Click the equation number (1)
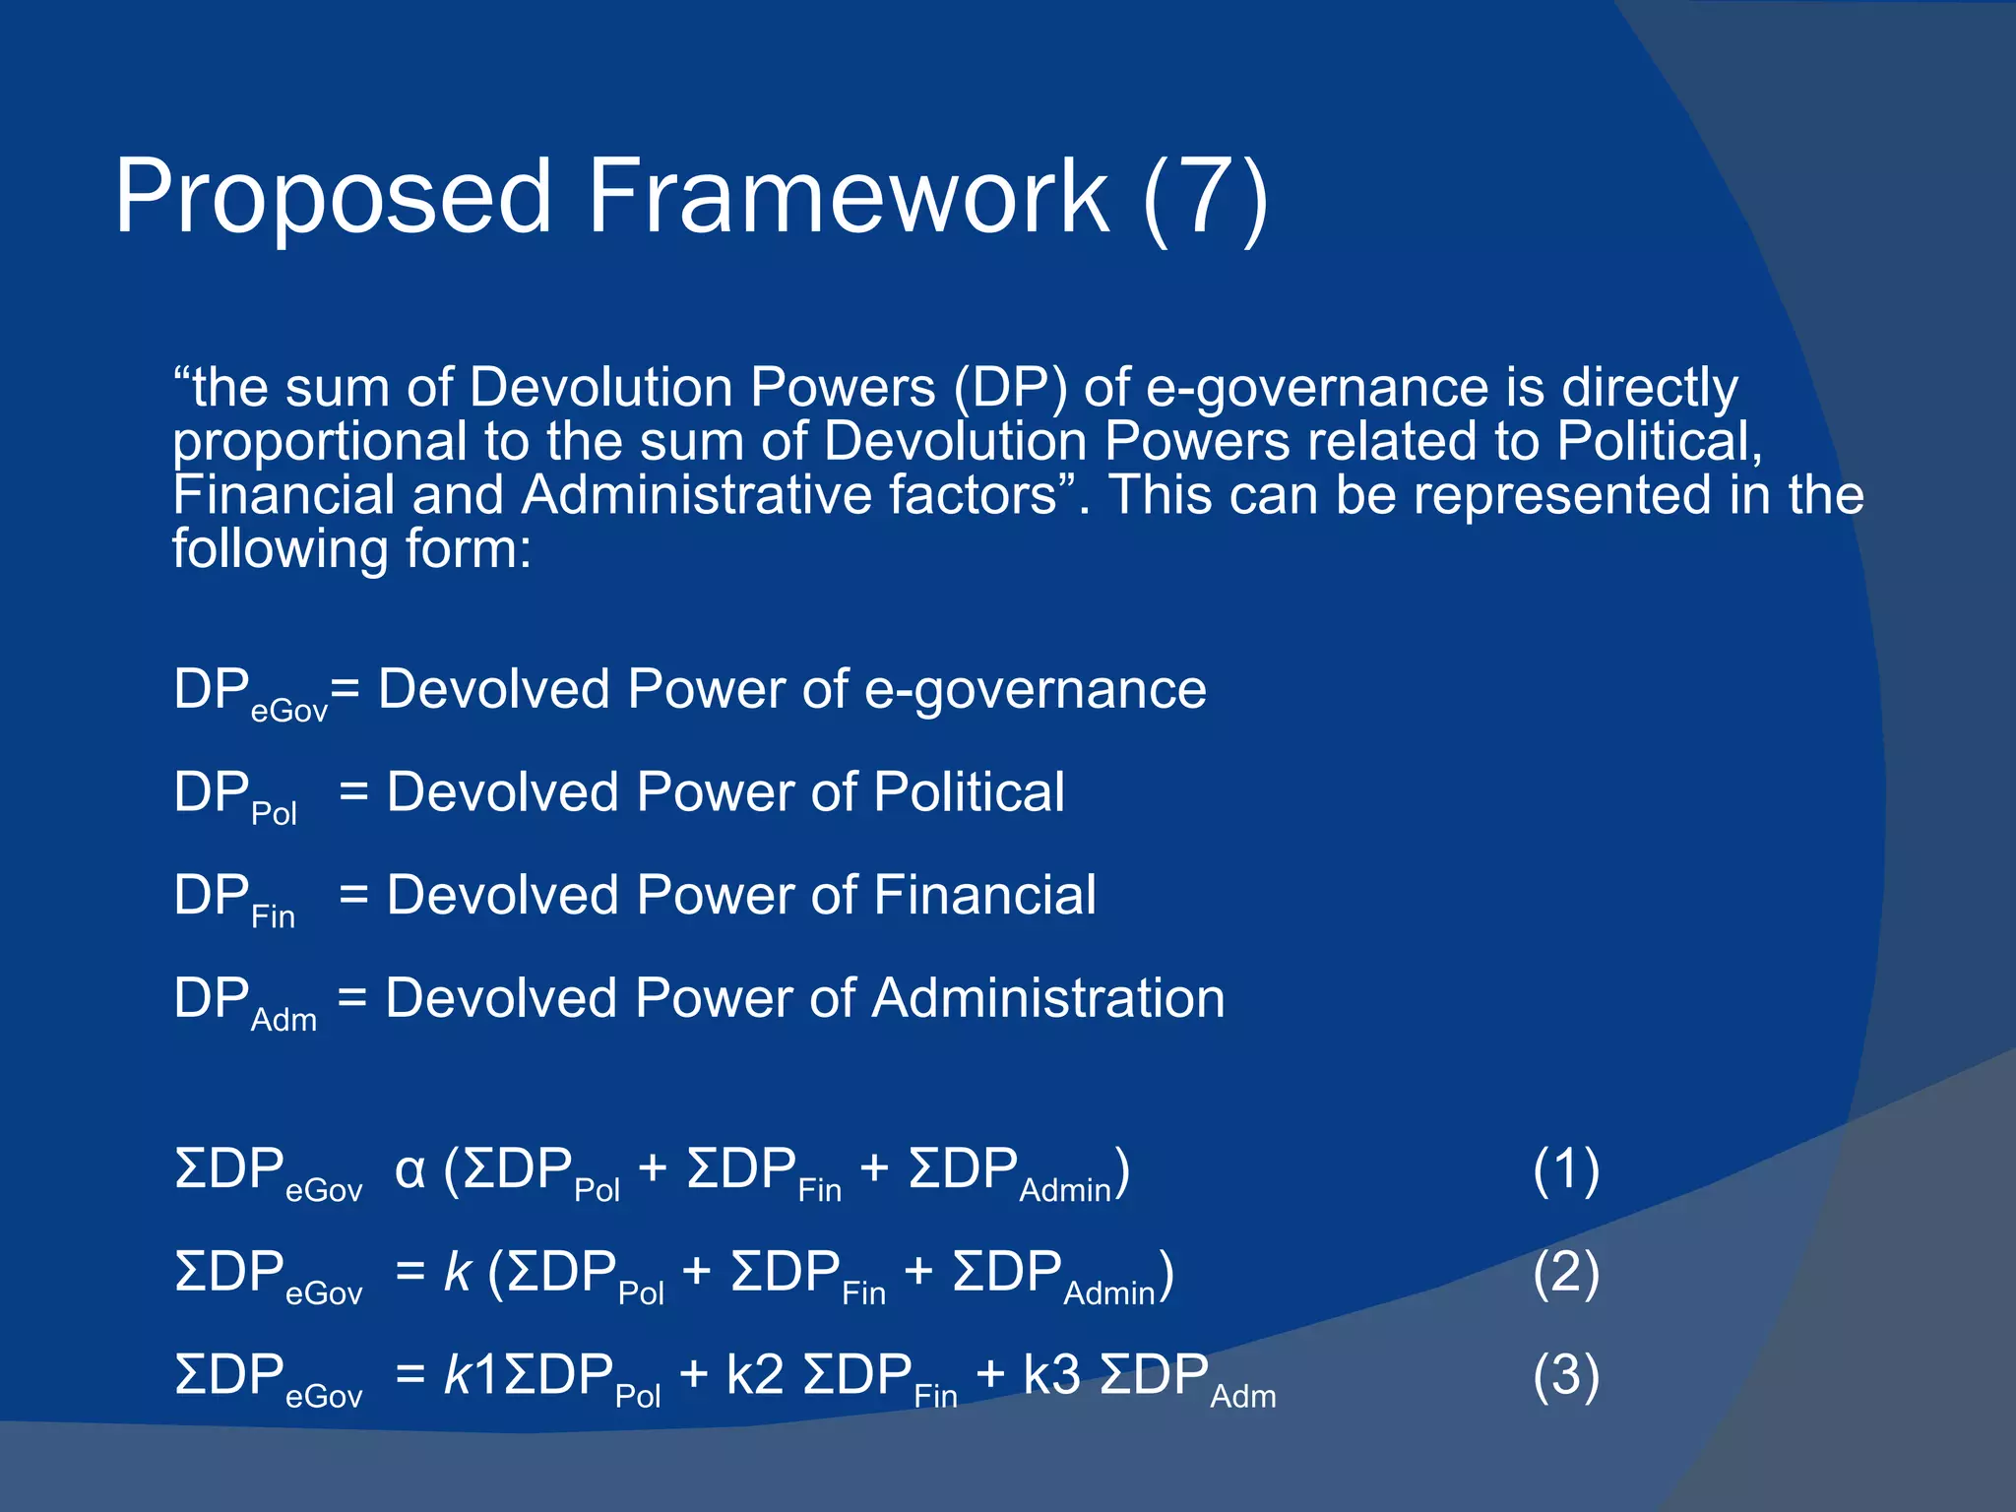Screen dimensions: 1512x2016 (x=1565, y=1171)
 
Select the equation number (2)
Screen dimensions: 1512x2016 (x=1565, y=1274)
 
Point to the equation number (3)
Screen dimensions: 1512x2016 (x=1565, y=1376)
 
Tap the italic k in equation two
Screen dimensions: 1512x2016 (x=458, y=1274)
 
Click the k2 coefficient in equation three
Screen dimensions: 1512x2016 (x=754, y=1376)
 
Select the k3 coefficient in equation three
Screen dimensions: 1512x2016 (x=1051, y=1376)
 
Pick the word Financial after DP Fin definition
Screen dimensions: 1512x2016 (x=984, y=896)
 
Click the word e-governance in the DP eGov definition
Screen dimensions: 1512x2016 (x=1035, y=690)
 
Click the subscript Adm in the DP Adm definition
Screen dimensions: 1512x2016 (x=283, y=1021)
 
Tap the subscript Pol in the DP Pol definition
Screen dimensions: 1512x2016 (x=274, y=814)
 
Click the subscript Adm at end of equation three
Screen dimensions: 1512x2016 (x=1242, y=1397)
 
